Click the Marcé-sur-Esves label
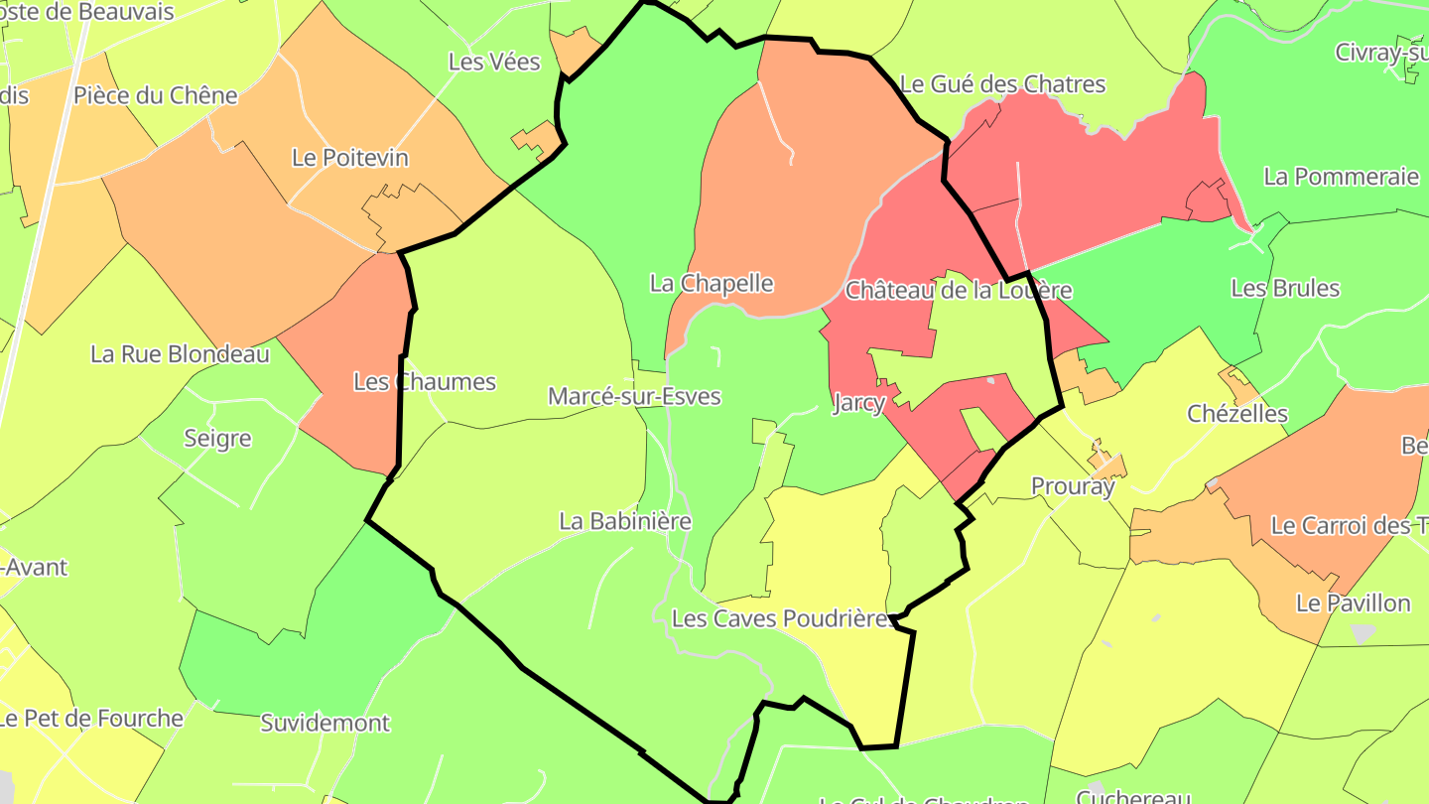634,397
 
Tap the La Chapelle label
711,284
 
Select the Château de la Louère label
958,291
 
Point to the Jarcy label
857,403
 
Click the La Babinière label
625,521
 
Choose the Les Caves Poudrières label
780,619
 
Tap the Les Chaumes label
424,382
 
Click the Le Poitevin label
349,158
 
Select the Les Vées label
494,63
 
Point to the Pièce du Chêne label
156,96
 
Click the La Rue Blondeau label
180,354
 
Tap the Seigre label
217,439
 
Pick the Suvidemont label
325,724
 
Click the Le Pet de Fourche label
91,719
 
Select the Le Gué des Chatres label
1002,84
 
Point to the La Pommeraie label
1341,178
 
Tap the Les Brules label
1284,289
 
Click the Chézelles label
1237,414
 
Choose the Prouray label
1073,486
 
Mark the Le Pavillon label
1353,603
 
